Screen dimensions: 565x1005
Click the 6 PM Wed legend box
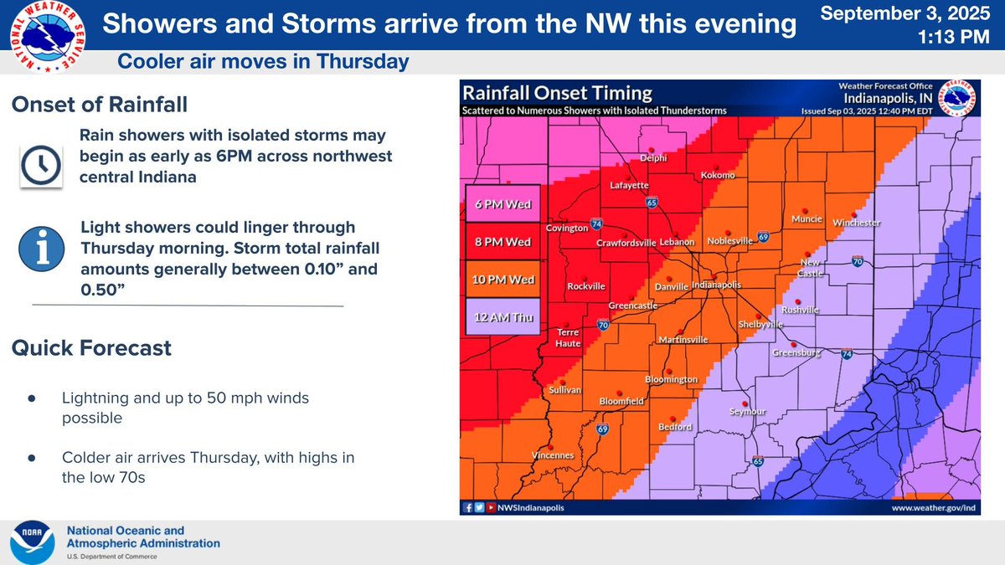point(502,203)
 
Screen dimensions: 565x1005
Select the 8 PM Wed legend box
point(502,241)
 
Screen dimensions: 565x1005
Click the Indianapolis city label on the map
point(716,285)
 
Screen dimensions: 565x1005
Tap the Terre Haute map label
point(569,337)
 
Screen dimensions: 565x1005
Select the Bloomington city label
point(671,379)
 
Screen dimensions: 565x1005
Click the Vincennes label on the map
point(553,455)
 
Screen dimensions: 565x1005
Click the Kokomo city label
point(718,174)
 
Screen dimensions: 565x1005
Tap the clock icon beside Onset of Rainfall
point(39,164)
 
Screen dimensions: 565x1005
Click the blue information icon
point(39,249)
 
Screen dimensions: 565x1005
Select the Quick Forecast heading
point(92,347)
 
